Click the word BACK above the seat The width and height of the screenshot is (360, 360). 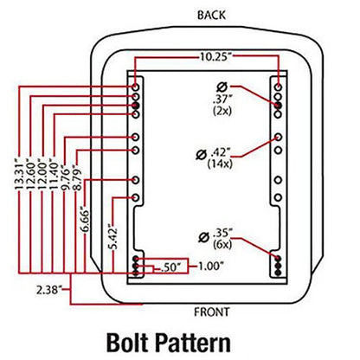coord(211,16)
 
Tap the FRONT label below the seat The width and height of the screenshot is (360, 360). coord(212,312)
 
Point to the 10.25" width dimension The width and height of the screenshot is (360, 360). coord(216,57)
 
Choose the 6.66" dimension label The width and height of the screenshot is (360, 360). coord(86,219)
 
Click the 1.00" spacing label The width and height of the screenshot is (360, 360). coord(210,267)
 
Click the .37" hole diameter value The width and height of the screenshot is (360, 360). coord(222,100)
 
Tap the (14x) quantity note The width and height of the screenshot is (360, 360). coord(220,164)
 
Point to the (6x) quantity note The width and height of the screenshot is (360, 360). coord(222,245)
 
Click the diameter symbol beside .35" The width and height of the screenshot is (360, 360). coord(204,238)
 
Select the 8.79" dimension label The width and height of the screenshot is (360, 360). coord(77,177)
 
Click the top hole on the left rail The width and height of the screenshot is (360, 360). coord(136,87)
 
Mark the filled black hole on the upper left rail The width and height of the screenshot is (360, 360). coord(136,106)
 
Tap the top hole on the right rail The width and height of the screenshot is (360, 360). coord(278,87)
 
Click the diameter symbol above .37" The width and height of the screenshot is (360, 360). coord(222,87)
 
